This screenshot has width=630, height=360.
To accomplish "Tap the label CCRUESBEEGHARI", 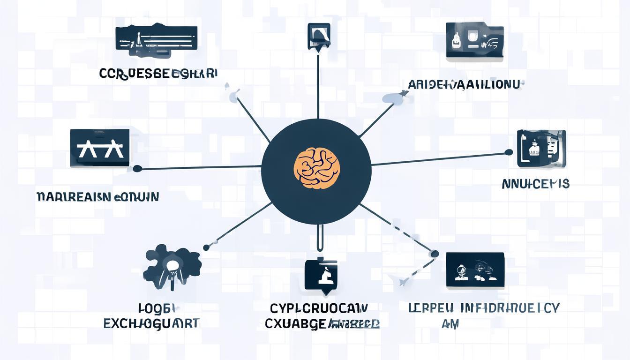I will [158, 74].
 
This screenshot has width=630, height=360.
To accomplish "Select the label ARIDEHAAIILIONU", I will [464, 85].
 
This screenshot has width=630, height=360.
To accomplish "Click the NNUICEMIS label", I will [535, 184].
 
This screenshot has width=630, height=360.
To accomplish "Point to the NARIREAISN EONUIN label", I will [97, 196].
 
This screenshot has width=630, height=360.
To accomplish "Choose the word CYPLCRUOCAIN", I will [319, 308].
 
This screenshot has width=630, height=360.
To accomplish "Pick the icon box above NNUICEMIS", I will [541, 149].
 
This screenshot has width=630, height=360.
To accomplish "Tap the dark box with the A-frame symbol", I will [99, 148].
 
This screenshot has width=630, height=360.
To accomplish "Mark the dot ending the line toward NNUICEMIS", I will [509, 152].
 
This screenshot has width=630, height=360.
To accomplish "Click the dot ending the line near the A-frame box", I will [137, 168].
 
